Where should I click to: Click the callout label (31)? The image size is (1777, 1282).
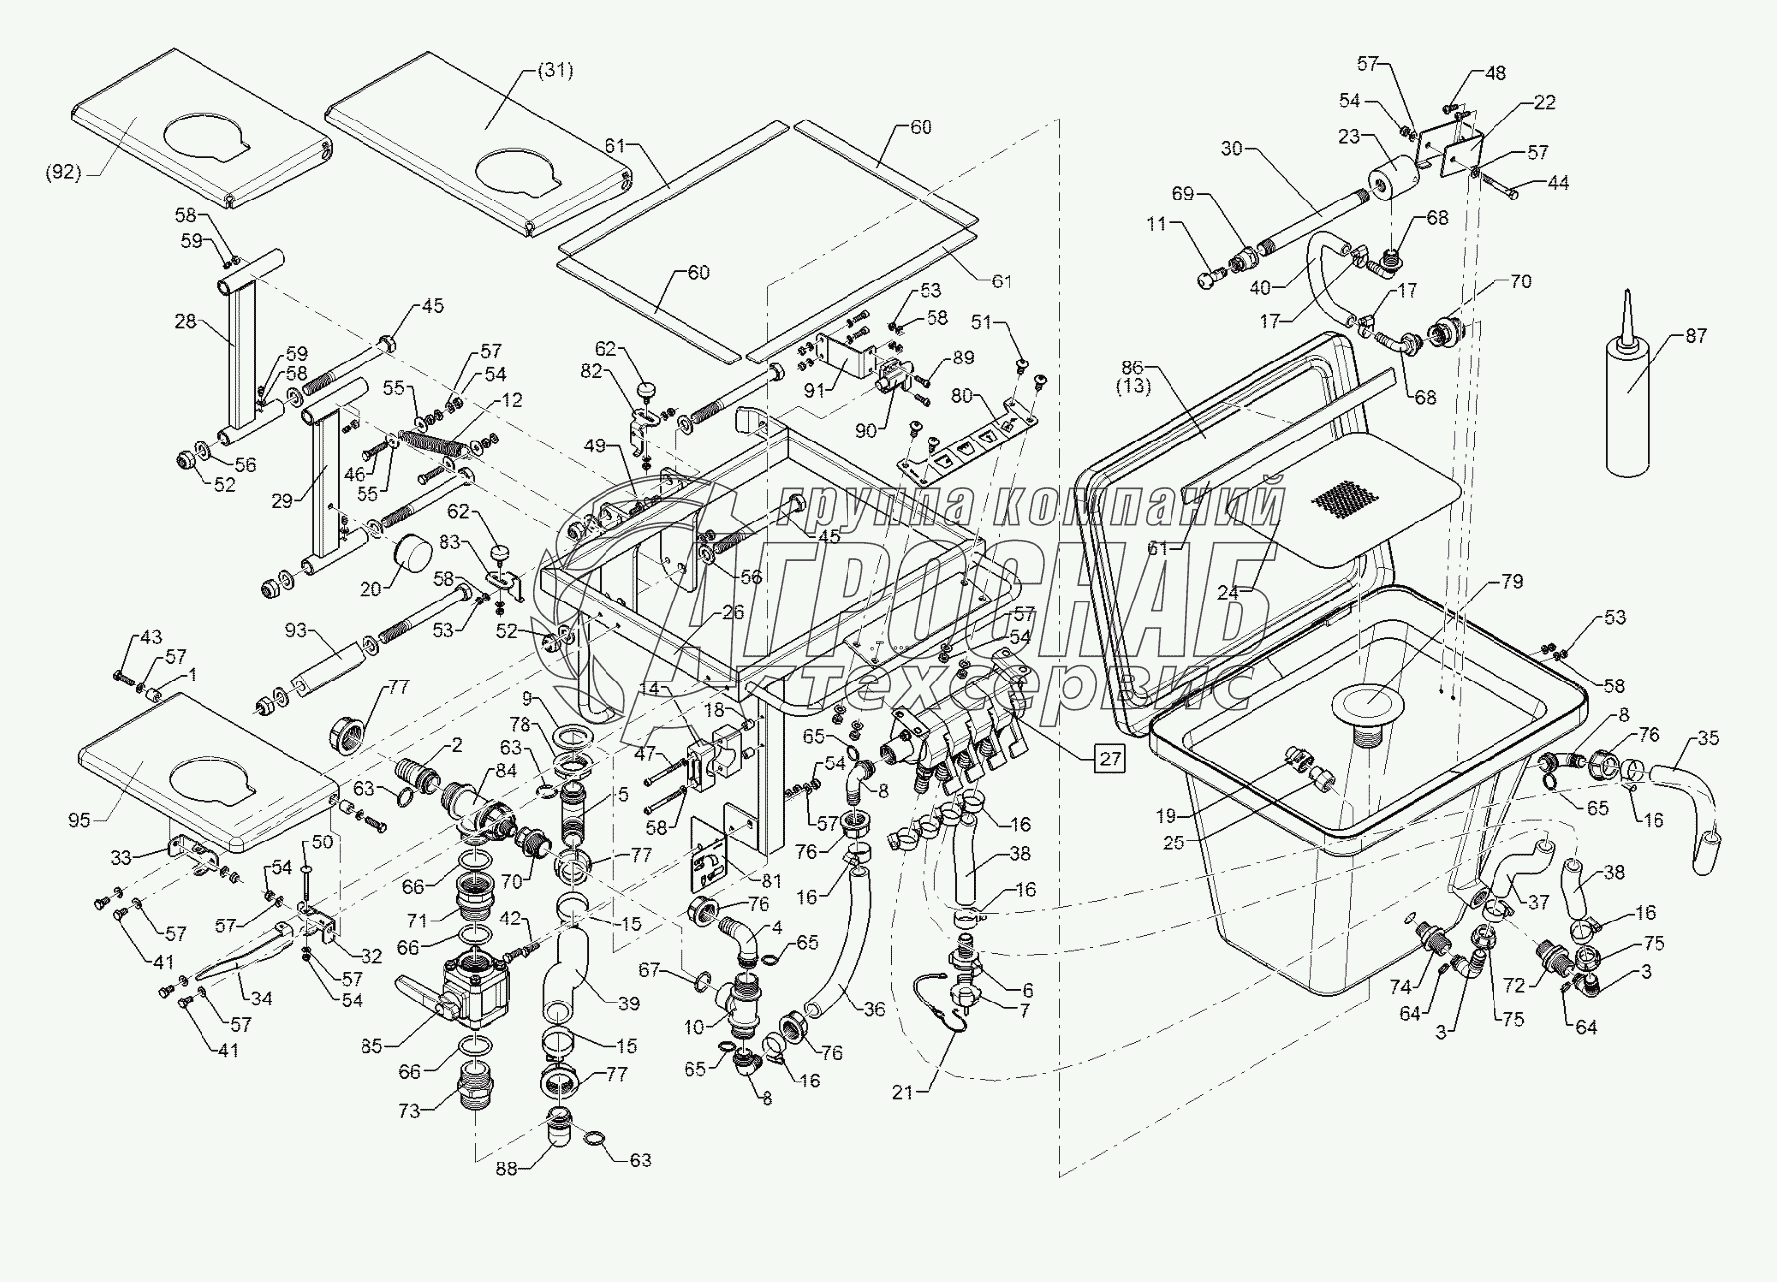coord(555,70)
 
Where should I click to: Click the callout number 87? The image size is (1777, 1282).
coord(1695,336)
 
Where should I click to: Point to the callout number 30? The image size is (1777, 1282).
coord(1232,148)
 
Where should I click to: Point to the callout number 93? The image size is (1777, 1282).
coord(296,630)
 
